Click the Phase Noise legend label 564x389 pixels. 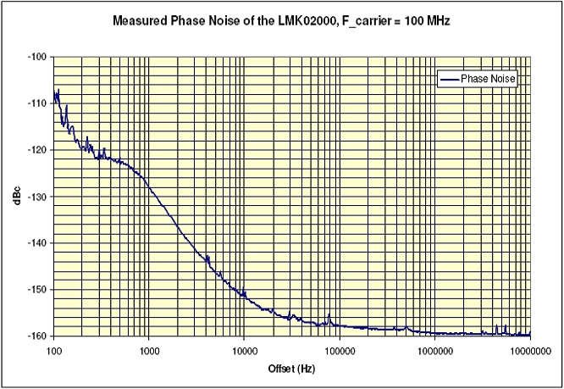[x=489, y=79]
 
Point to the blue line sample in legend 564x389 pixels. [x=449, y=79]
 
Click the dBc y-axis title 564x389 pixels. [x=14, y=196]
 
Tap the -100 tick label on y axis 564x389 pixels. [x=39, y=57]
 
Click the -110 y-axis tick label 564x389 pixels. [x=39, y=103]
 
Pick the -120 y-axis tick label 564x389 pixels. [x=39, y=150]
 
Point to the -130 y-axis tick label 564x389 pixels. [x=39, y=197]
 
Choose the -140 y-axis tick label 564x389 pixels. [x=39, y=243]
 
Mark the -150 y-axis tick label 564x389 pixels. [x=39, y=290]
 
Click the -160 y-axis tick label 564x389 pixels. [x=39, y=336]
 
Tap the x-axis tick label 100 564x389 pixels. [x=53, y=348]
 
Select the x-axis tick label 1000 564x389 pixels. [x=149, y=348]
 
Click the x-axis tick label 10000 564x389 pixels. [x=244, y=348]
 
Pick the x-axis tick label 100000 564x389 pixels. [x=340, y=348]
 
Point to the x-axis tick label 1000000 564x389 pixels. [x=434, y=348]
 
